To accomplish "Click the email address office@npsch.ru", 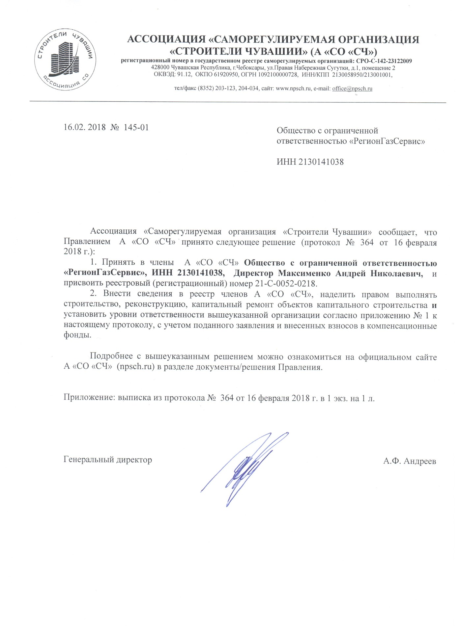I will (352, 89).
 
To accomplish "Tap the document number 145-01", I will (136, 127).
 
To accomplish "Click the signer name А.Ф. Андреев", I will (410, 461).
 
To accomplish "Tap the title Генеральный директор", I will (108, 460).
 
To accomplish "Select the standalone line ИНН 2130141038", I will (310, 162).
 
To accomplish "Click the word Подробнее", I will (111, 356).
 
